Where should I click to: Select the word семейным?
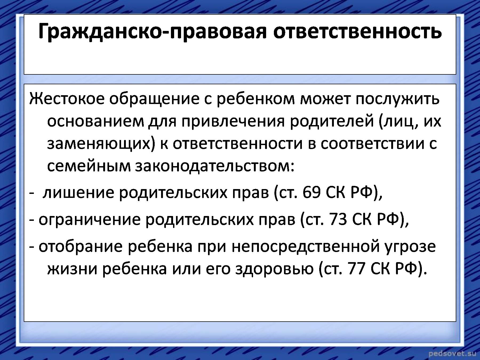pos(89,167)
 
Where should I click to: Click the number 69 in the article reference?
pos(311,193)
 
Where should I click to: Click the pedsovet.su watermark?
pos(452,353)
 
